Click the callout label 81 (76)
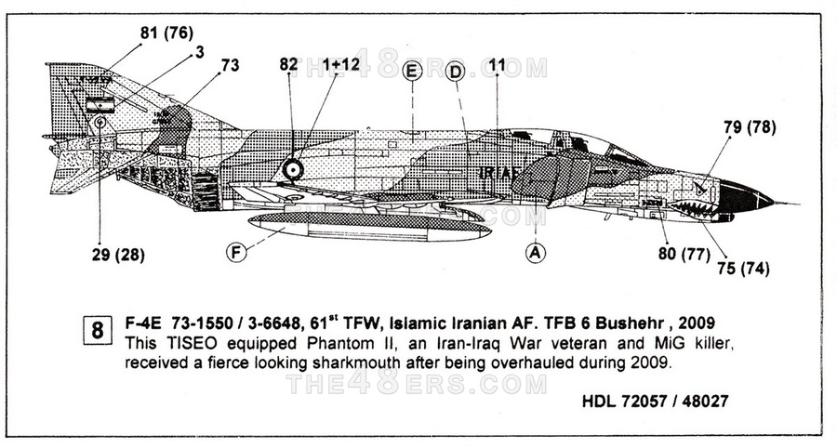coord(166,33)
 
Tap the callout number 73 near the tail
coord(230,65)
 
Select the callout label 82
coord(288,64)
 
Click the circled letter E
coord(413,72)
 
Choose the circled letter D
coord(456,72)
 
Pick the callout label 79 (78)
coord(749,127)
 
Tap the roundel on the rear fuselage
coord(293,169)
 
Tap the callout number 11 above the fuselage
coord(498,65)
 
